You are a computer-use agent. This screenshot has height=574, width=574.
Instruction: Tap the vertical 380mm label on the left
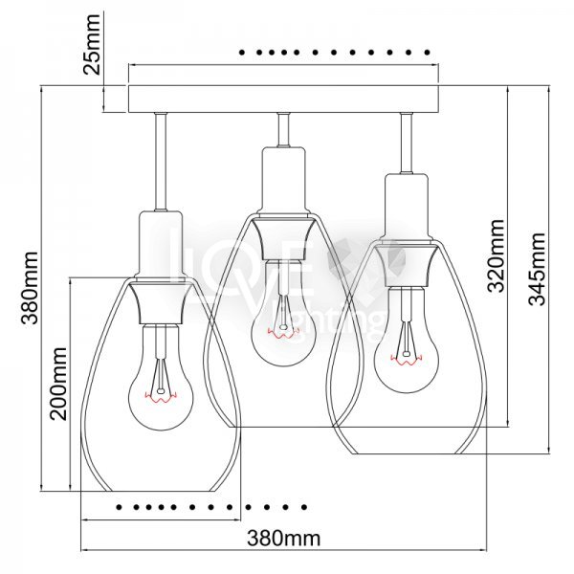(x=32, y=287)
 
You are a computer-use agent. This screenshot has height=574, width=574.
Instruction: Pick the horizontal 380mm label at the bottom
(x=283, y=538)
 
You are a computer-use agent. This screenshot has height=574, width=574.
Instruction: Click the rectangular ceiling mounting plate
(x=284, y=99)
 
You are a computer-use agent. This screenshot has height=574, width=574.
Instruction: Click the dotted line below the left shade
(x=210, y=505)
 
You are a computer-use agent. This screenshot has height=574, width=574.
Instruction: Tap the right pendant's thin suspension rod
(x=408, y=143)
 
